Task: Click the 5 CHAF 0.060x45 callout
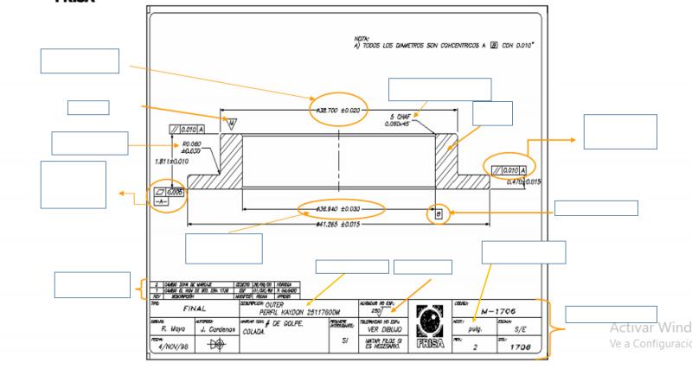point(404,119)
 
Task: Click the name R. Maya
point(174,328)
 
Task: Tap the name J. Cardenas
point(218,328)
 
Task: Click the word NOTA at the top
point(352,38)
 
